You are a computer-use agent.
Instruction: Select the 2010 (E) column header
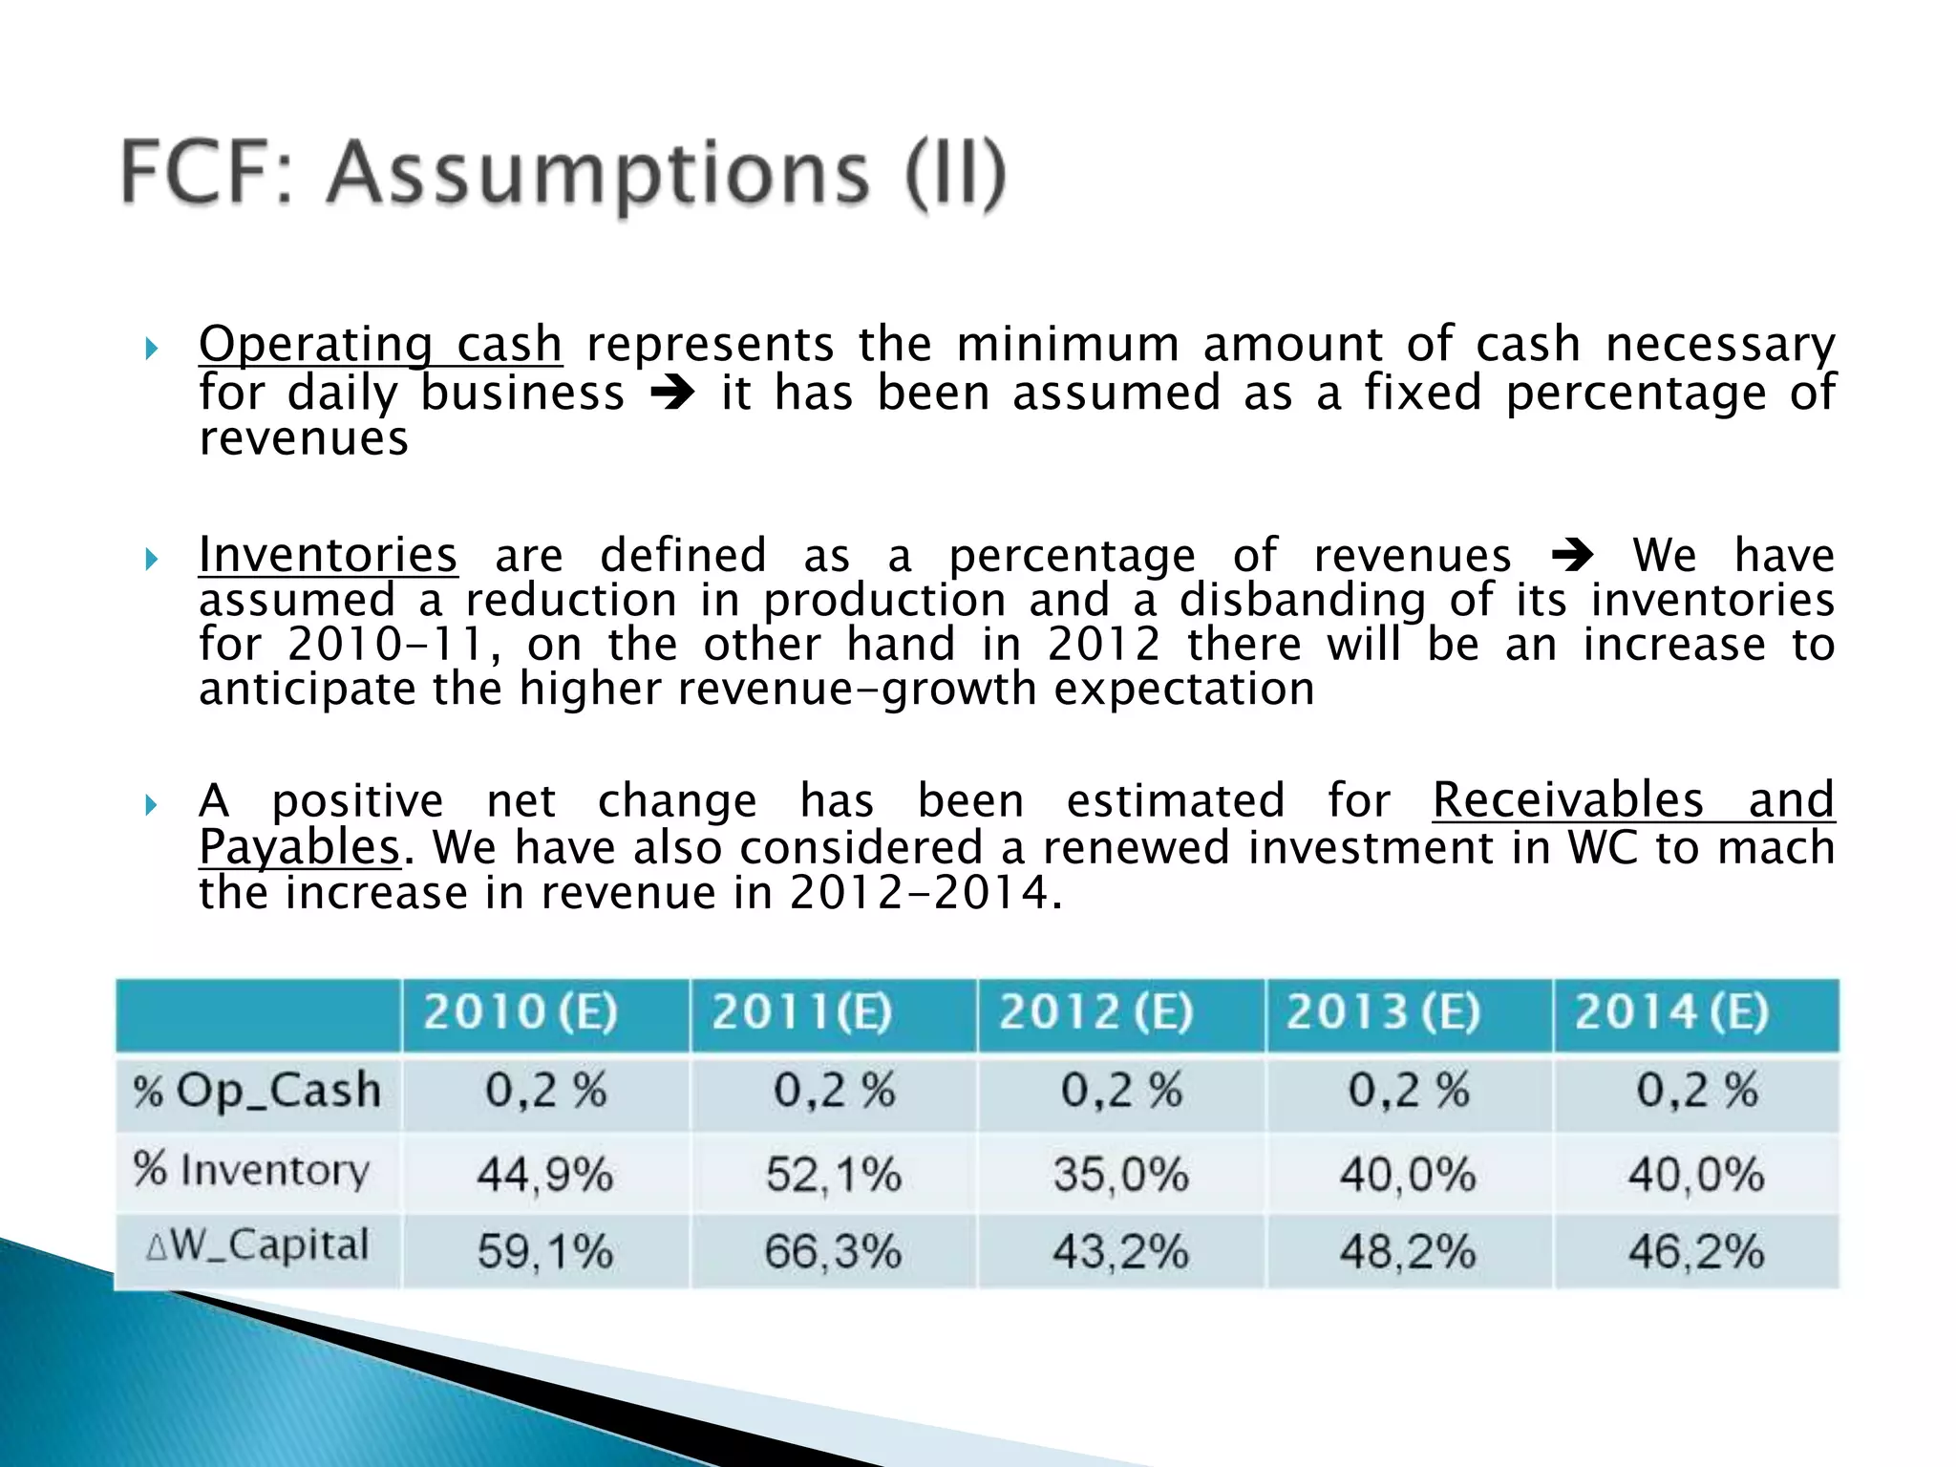tap(521, 1012)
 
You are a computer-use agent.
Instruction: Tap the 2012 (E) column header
tap(1095, 1012)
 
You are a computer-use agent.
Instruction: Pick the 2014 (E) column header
tap(1671, 1012)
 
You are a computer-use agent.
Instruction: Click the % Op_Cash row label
tap(257, 1091)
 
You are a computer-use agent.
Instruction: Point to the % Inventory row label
tap(251, 1170)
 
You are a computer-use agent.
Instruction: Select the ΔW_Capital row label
tap(257, 1246)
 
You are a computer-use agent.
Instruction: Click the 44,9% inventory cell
tap(544, 1174)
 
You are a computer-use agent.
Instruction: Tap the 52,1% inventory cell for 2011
tap(833, 1174)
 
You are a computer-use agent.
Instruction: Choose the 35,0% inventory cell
tap(1120, 1174)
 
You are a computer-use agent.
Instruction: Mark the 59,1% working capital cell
tap(544, 1251)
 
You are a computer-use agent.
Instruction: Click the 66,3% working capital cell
tap(833, 1251)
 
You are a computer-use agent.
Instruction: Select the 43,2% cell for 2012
tap(1120, 1251)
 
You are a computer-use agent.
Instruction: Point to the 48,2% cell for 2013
tap(1408, 1251)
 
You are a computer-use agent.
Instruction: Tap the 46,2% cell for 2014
tap(1696, 1251)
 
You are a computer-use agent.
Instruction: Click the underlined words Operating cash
tap(380, 344)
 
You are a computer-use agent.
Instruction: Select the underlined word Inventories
tap(328, 555)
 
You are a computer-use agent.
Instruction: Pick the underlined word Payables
tap(299, 847)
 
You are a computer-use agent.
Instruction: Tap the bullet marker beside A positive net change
tap(151, 805)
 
